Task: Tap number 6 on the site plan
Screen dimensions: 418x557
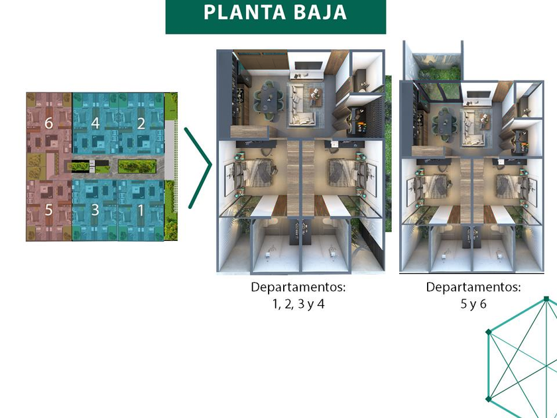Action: pos(48,123)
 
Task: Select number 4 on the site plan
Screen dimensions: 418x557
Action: pos(95,123)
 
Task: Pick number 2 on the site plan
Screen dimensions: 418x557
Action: pos(141,123)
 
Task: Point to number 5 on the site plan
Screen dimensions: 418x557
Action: pos(48,210)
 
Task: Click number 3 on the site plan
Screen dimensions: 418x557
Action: pos(95,210)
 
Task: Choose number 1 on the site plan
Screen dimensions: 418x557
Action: pos(141,210)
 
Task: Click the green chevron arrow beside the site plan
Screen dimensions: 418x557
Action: pos(198,167)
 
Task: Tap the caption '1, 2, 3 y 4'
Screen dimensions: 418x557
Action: pos(298,305)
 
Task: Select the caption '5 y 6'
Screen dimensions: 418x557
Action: pos(473,305)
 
